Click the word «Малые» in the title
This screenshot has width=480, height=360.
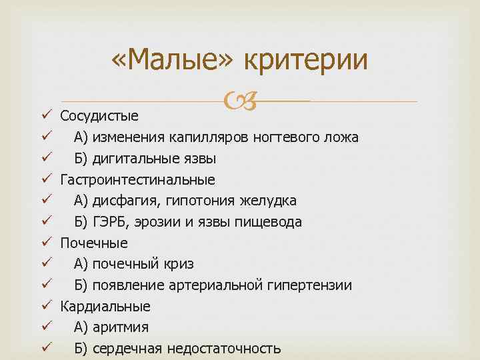(173, 62)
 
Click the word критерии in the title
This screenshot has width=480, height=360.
(306, 62)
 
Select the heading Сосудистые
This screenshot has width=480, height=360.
(99, 116)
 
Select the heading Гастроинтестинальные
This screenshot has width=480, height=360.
(138, 180)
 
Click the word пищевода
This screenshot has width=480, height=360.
(273, 222)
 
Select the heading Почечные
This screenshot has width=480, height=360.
(94, 243)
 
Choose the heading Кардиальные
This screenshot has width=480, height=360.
(105, 307)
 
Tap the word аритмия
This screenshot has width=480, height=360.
(121, 327)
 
